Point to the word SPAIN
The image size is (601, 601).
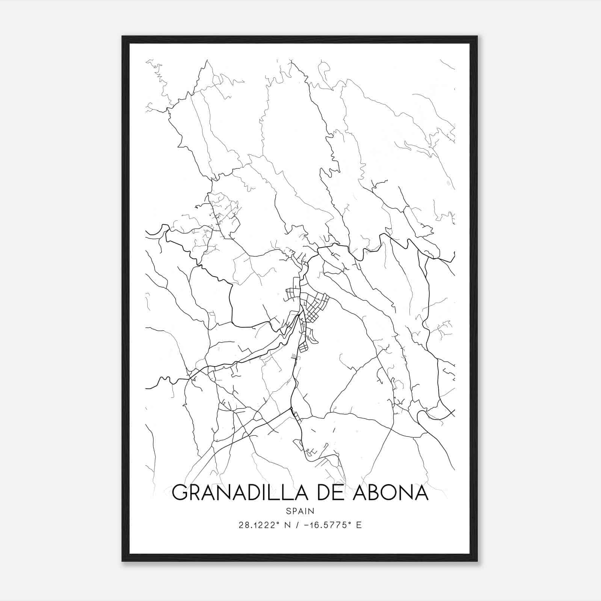point(300,511)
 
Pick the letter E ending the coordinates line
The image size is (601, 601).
point(359,525)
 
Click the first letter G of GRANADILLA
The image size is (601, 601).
point(180,492)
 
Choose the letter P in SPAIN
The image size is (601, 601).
point(294,511)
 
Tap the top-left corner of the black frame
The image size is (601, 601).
point(122,37)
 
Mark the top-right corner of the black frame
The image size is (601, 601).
point(477,37)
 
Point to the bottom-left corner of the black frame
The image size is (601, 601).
point(122,561)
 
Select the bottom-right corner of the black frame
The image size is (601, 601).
point(477,561)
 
